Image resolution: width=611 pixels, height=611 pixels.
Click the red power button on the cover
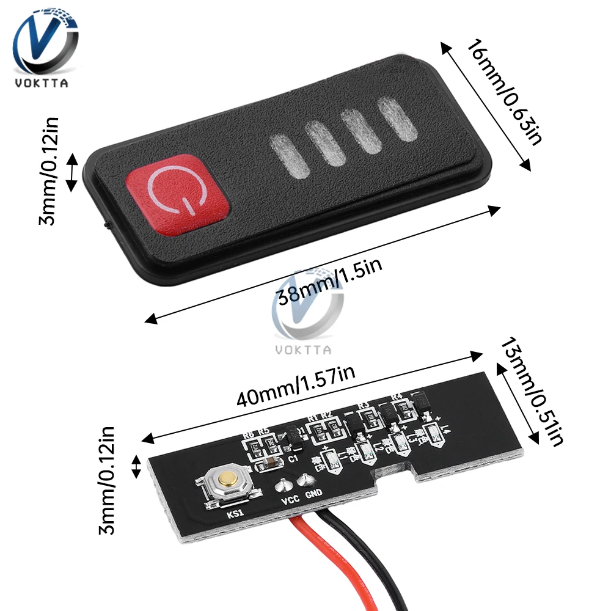(178, 189)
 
